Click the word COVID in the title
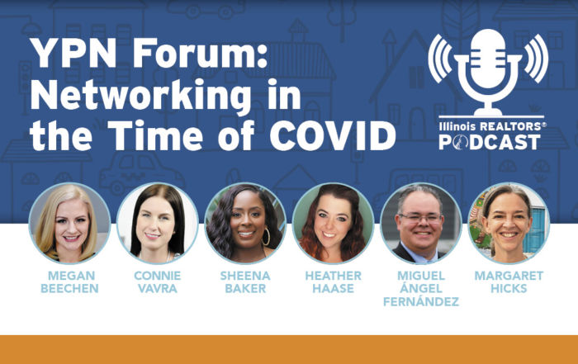333,135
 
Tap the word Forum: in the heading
200,53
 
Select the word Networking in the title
140,96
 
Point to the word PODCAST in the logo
490,142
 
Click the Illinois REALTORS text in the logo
492,126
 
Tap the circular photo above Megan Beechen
69,223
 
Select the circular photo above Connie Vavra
158,223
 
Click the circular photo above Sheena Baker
245,223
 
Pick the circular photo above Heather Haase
333,223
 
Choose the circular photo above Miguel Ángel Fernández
421,223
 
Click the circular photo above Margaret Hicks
509,223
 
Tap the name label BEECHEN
69,288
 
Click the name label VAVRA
158,288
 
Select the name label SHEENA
245,276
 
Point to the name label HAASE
334,288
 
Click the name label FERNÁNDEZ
421,301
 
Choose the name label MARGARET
509,276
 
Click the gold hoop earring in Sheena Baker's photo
266,237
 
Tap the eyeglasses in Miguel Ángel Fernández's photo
420,219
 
